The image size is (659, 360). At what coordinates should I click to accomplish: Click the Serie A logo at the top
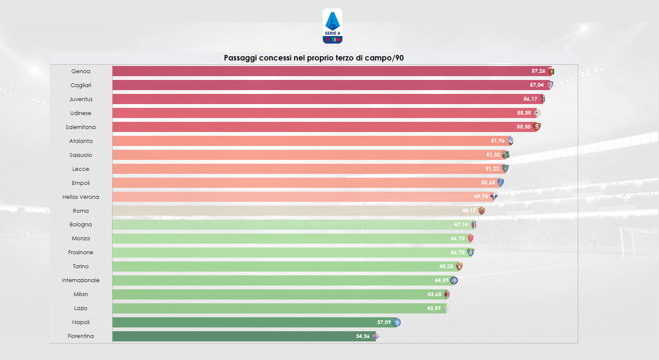(x=332, y=26)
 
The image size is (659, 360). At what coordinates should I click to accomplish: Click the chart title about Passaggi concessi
(x=314, y=58)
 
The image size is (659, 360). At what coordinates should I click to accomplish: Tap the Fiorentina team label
(x=80, y=336)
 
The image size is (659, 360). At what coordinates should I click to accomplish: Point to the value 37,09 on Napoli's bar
(x=383, y=322)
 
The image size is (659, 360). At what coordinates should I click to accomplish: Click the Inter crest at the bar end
(x=454, y=280)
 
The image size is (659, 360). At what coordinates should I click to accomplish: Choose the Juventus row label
(x=80, y=99)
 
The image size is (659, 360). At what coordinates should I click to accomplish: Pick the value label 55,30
(x=523, y=127)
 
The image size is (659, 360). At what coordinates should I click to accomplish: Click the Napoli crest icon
(x=397, y=322)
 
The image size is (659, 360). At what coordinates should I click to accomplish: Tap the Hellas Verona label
(x=80, y=197)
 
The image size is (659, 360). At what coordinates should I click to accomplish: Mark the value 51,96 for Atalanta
(x=497, y=141)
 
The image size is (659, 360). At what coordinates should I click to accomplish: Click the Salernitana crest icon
(x=537, y=126)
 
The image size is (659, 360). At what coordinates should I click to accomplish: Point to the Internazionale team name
(x=80, y=280)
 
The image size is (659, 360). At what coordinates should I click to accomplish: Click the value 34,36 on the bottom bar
(x=362, y=336)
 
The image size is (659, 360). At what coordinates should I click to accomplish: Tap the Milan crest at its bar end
(x=447, y=294)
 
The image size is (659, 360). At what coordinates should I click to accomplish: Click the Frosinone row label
(x=80, y=252)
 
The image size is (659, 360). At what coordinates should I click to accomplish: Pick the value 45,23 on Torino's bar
(x=446, y=267)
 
